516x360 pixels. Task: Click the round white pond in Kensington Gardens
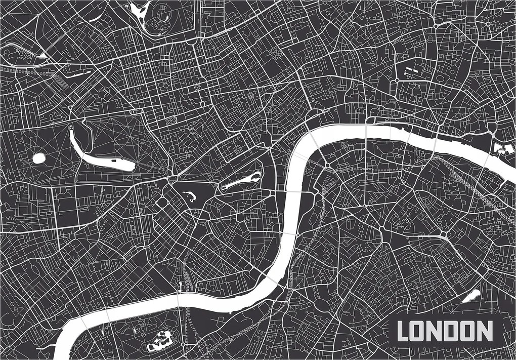[x=39, y=158]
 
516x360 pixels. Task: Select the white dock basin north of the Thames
[x=501, y=149]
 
